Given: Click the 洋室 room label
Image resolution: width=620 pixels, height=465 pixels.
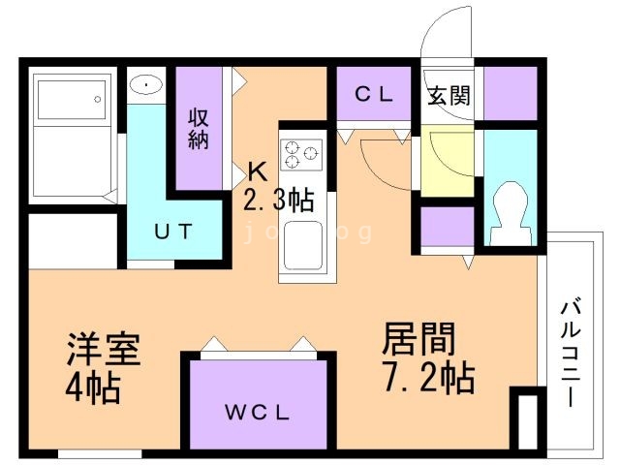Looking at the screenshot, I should coord(104,349).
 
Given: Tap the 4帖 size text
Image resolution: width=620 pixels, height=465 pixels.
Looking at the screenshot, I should coord(93,389).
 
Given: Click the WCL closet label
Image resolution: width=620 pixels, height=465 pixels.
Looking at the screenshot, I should coord(259,412).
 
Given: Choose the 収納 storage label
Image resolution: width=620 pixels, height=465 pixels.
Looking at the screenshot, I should coord(200,129).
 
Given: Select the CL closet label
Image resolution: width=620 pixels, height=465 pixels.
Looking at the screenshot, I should coord(373,95).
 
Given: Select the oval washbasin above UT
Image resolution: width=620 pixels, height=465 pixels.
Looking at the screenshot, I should coord(146,85).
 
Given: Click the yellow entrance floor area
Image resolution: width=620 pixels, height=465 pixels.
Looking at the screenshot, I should coord(448,160).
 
